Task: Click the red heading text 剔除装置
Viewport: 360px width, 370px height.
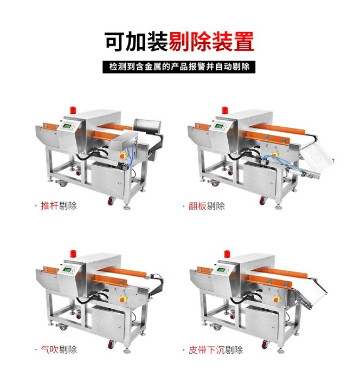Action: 211,42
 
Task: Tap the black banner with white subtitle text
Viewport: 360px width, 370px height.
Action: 179,67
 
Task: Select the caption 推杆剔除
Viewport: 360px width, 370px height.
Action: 59,206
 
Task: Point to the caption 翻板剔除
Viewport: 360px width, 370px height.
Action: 207,206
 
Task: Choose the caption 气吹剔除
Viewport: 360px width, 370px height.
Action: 59,349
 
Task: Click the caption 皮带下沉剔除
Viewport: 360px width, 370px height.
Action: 215,350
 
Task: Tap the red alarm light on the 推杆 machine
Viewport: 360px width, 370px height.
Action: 73,110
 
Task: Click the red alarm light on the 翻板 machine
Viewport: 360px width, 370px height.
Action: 224,111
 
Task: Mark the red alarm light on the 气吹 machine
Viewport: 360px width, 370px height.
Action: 73,254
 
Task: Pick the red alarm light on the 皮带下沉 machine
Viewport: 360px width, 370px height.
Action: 227,254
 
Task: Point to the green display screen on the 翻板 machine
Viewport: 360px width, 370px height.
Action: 219,126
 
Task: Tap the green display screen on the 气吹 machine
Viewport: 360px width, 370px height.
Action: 67,270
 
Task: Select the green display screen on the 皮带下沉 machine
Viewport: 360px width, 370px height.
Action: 221,270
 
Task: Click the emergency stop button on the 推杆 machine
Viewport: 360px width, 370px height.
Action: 122,156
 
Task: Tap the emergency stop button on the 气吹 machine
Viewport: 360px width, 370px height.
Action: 122,300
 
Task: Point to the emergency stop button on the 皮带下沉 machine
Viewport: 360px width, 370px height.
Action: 275,300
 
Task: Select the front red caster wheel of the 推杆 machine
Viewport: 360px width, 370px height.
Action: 111,201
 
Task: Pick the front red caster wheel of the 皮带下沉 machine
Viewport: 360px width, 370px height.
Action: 265,345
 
